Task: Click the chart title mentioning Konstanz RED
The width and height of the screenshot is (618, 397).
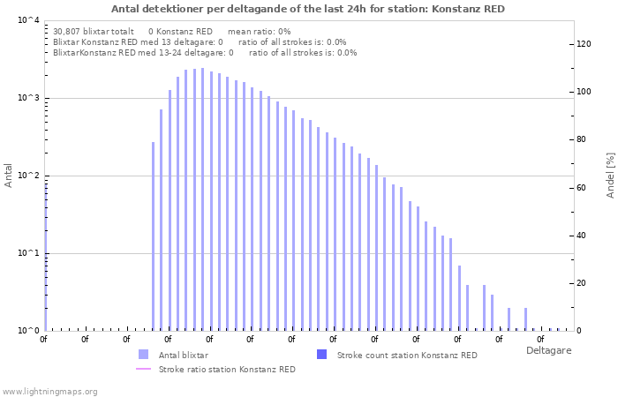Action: (308, 9)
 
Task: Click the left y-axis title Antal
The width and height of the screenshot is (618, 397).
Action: (9, 176)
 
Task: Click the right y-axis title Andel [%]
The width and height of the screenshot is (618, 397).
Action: (609, 175)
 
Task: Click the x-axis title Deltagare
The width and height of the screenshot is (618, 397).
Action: (548, 350)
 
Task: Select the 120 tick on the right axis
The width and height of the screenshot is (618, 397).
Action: (584, 44)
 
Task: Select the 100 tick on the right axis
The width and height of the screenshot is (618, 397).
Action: (584, 92)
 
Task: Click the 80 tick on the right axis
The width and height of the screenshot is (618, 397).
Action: (582, 139)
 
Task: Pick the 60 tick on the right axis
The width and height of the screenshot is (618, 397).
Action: (582, 187)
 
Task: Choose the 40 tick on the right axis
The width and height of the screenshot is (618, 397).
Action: (582, 236)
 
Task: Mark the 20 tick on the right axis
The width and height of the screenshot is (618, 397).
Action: (582, 283)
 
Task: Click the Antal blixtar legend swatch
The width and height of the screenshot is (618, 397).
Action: (144, 355)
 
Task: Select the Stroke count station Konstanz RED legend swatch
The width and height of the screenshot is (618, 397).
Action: (322, 355)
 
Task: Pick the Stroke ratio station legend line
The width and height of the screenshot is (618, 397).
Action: (144, 370)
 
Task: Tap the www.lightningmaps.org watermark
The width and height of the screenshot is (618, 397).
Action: (49, 391)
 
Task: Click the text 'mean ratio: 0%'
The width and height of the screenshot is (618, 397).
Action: (259, 31)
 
